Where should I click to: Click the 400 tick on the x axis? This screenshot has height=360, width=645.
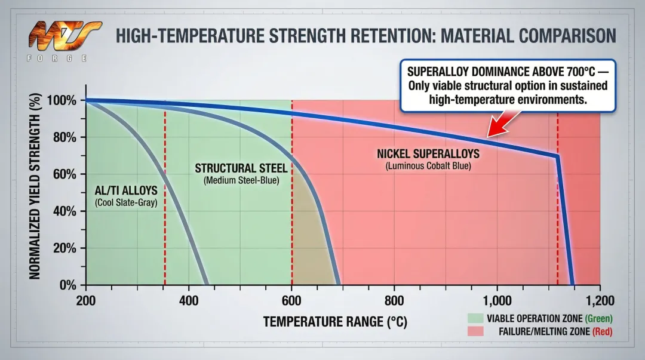[x=189, y=300]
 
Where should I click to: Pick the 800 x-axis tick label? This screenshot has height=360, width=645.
[x=394, y=300]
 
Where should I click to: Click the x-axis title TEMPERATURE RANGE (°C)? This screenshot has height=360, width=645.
[x=335, y=322]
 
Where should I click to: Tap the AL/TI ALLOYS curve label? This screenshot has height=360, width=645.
[x=126, y=190]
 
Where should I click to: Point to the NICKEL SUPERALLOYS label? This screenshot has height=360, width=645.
[x=428, y=154]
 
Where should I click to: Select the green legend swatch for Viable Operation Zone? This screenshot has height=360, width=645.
[x=475, y=318]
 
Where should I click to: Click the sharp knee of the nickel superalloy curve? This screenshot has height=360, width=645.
[x=558, y=156]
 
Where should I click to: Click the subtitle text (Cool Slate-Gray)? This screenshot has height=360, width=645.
[x=126, y=202]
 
